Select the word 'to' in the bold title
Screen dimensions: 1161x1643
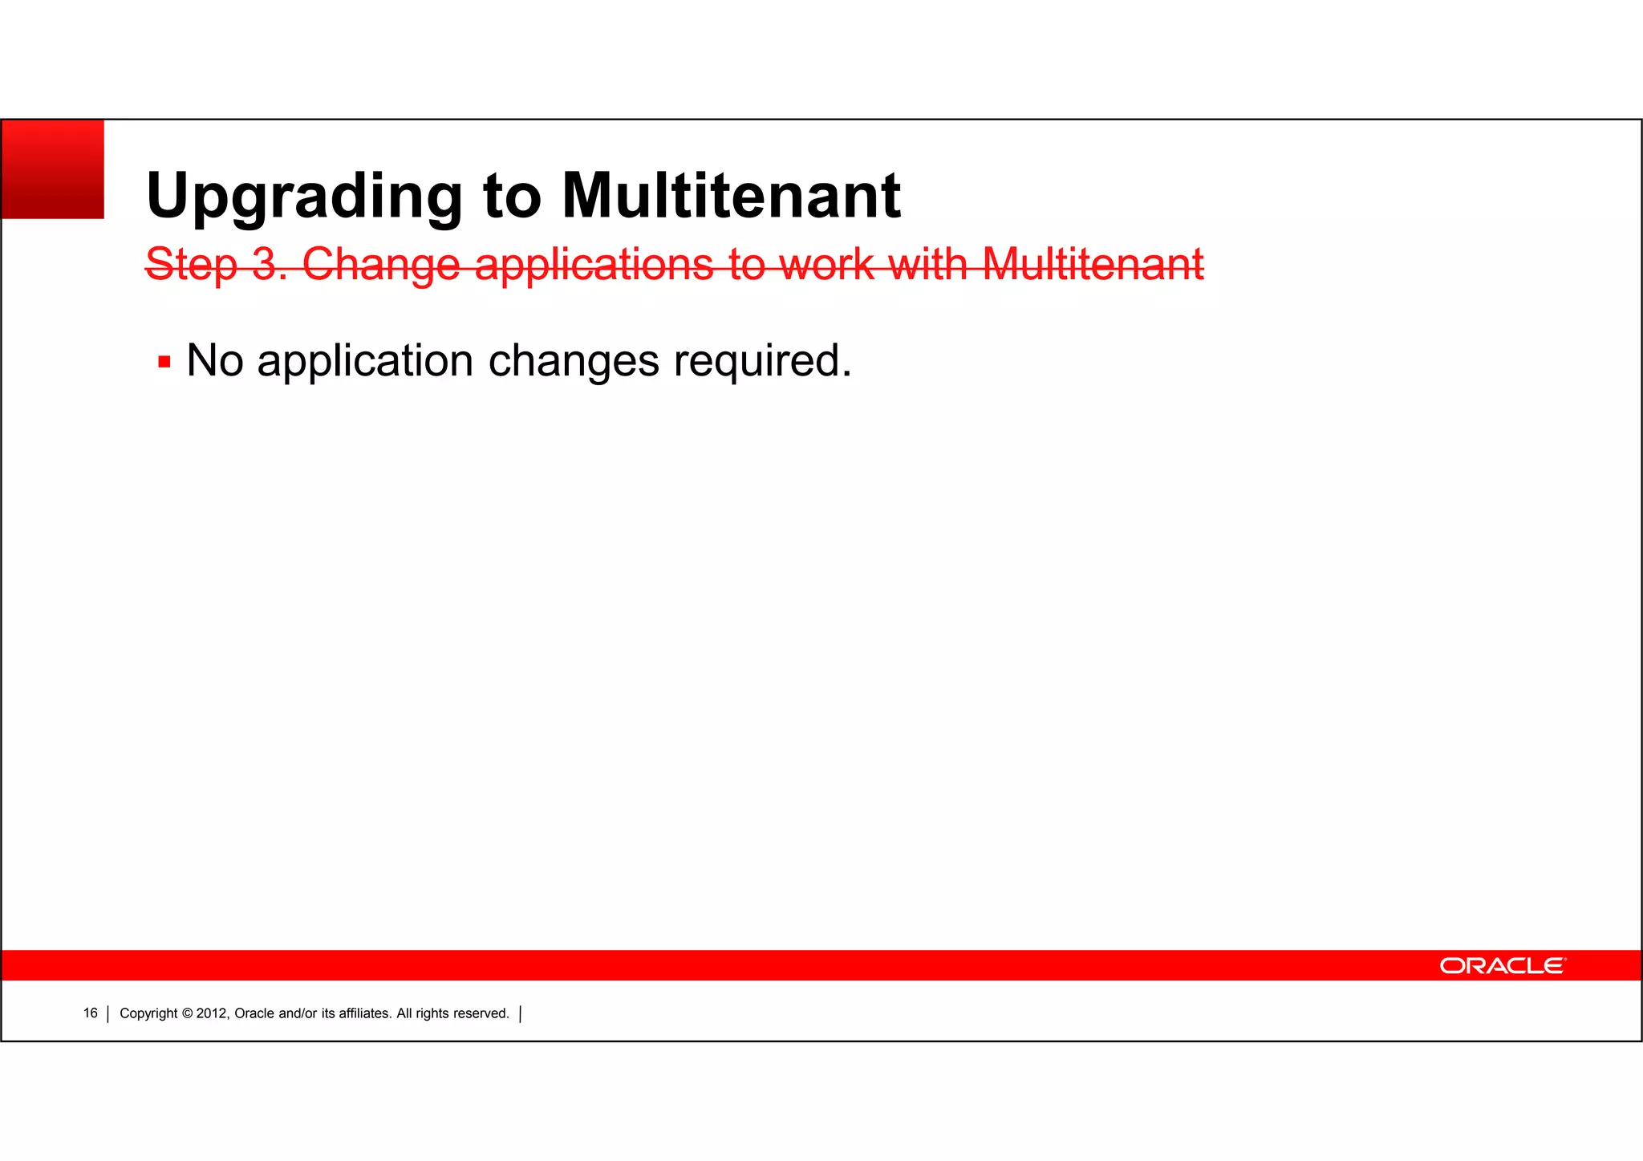pos(512,197)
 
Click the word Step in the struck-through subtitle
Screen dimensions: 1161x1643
pos(192,265)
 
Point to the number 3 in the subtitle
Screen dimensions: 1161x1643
pos(265,264)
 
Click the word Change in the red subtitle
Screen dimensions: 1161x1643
pos(381,265)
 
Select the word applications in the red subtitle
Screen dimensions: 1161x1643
pos(594,265)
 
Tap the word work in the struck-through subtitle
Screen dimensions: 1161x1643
pos(826,264)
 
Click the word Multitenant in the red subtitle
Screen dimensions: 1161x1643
pos(1093,264)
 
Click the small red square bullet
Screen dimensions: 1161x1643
pos(164,362)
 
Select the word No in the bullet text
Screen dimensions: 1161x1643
pos(215,360)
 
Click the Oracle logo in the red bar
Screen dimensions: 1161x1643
pos(1502,965)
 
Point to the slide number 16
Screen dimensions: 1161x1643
pos(90,1013)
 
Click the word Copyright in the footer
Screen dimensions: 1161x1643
pos(148,1013)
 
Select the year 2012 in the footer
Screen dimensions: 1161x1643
pos(213,1013)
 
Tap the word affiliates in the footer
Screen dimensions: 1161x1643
pos(365,1013)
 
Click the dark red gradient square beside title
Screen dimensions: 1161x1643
pos(53,169)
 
